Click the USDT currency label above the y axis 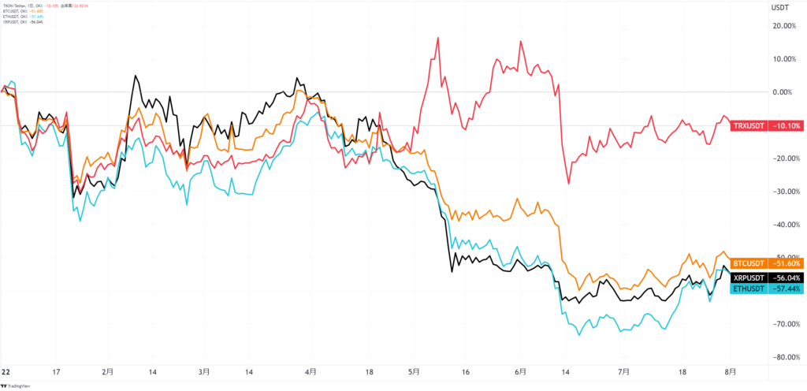click(778, 7)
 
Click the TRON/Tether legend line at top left click(32, 6)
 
